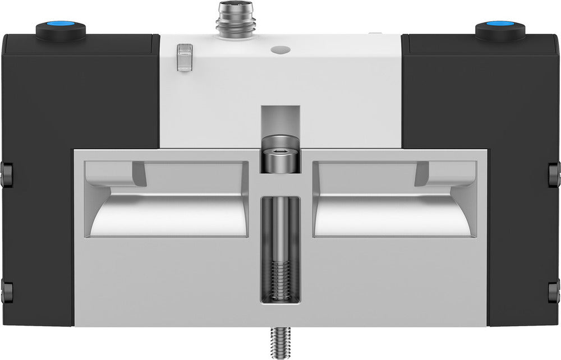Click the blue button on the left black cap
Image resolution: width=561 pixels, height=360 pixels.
pos(60,29)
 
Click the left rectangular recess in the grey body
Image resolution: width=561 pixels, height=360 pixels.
pos(167,199)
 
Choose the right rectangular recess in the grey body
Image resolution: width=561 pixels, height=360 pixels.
pos(394,199)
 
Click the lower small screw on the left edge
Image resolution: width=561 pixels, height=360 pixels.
pos(7,291)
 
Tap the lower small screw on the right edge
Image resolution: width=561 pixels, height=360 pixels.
pos(554,291)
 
